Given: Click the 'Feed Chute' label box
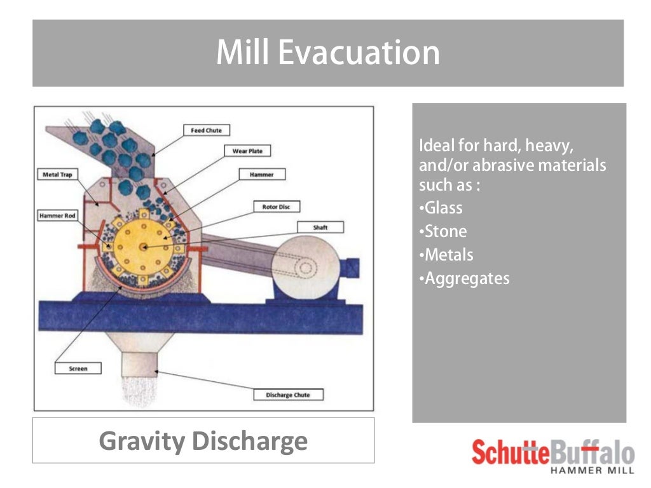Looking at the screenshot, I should (206, 130).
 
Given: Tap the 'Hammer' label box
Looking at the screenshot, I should (263, 174).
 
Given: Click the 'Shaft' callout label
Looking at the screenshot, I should (320, 227).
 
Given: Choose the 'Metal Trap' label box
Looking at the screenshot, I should (57, 174).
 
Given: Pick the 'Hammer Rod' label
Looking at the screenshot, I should (57, 216).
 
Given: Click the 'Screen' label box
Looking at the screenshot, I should (78, 369).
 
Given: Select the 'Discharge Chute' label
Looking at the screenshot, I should (288, 395).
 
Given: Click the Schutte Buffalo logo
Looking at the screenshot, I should (552, 455).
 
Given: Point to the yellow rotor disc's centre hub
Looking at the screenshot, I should (144, 247).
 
